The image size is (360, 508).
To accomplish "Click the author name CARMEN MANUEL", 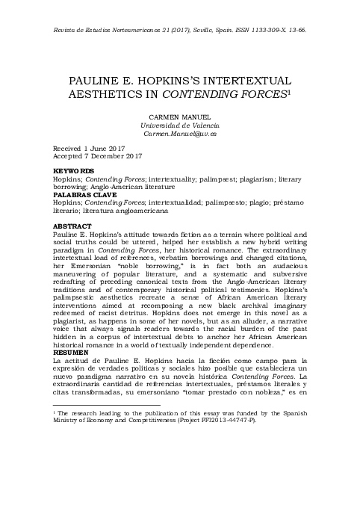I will tap(179, 118).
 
